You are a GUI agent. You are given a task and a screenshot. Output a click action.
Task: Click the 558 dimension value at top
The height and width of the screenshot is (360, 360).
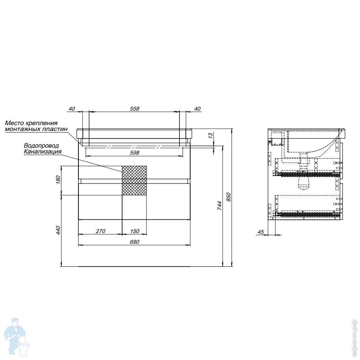pyautogui.click(x=135, y=109)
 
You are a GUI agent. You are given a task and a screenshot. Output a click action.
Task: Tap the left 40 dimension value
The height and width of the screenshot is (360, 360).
pyautogui.click(x=72, y=109)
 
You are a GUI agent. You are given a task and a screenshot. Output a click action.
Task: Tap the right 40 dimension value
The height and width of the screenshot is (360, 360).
pyautogui.click(x=197, y=109)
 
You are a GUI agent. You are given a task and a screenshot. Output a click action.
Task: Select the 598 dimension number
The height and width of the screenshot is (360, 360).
pyautogui.click(x=135, y=153)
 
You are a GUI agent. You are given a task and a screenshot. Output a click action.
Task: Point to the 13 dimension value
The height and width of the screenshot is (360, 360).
pyautogui.click(x=211, y=135)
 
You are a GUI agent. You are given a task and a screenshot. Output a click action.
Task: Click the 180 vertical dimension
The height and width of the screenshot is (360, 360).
pyautogui.click(x=58, y=179)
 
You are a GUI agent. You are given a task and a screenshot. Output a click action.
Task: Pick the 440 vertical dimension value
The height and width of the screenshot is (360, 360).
pyautogui.click(x=58, y=230)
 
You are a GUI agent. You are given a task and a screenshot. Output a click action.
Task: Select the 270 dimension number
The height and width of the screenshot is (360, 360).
pyautogui.click(x=100, y=231)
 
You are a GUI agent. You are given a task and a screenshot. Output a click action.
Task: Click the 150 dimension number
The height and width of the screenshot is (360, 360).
pyautogui.click(x=135, y=231)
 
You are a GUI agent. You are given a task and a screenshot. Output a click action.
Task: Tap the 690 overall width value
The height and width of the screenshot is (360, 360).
pyautogui.click(x=135, y=242)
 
